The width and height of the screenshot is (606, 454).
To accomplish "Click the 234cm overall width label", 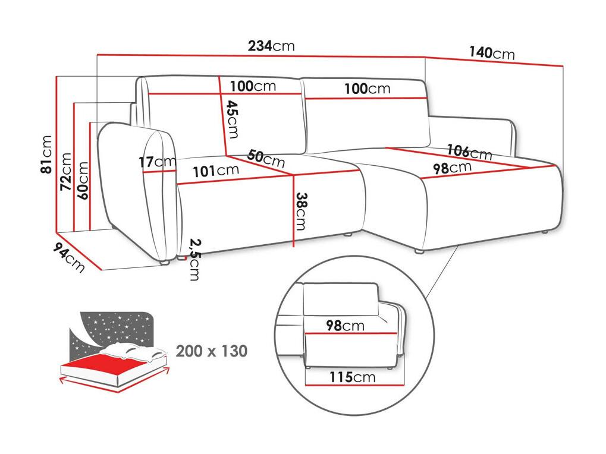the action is (x=271, y=46).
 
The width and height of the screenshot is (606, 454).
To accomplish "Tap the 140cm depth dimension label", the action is (x=492, y=52).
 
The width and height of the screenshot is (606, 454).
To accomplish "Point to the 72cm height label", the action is (x=65, y=171).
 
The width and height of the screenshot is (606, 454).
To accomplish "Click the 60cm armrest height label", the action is (x=83, y=180).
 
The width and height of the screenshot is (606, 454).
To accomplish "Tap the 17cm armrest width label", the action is (x=158, y=162).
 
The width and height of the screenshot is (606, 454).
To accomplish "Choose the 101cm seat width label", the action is (x=216, y=170).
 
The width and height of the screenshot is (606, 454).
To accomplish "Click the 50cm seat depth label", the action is (x=266, y=158).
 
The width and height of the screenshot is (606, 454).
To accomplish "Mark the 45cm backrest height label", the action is (x=233, y=119).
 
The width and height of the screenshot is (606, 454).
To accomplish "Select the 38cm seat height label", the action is (x=301, y=211).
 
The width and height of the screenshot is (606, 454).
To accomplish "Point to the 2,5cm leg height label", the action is (x=195, y=260).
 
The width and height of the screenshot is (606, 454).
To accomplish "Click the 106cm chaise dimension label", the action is (x=470, y=152).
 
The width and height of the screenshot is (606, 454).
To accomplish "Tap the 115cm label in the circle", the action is (x=352, y=377).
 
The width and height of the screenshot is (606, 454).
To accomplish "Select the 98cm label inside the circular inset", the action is (x=345, y=326).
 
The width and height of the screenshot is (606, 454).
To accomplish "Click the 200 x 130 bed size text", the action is (x=211, y=351).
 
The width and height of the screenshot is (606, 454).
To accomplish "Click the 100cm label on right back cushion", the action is (x=368, y=89).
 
